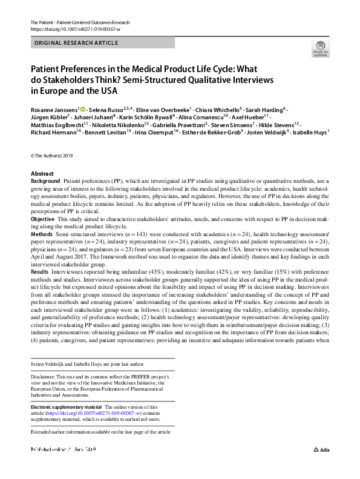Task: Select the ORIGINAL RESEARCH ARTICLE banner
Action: (x=102, y=42)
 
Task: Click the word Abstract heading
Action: (x=42, y=174)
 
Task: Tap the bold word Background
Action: (x=45, y=181)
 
